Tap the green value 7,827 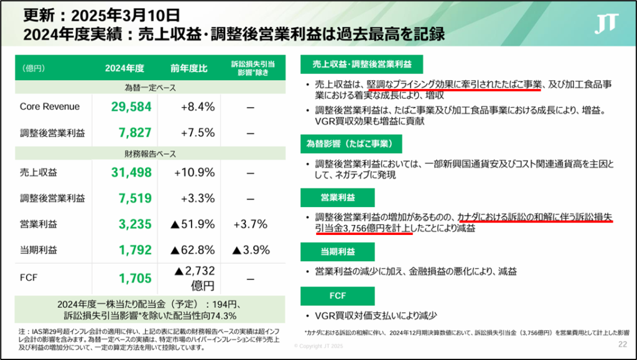pyautogui.click(x=131, y=133)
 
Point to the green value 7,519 pyautogui.click(x=131, y=198)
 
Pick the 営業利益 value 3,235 pyautogui.click(x=131, y=224)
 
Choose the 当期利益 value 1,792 pyautogui.click(x=131, y=251)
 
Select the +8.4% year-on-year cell pyautogui.click(x=197, y=107)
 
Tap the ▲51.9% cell pyautogui.click(x=194, y=224)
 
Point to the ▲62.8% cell pyautogui.click(x=194, y=251)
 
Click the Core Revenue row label pyautogui.click(x=50, y=107)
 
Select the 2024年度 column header pyautogui.click(x=124, y=68)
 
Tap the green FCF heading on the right pyautogui.click(x=337, y=295)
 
